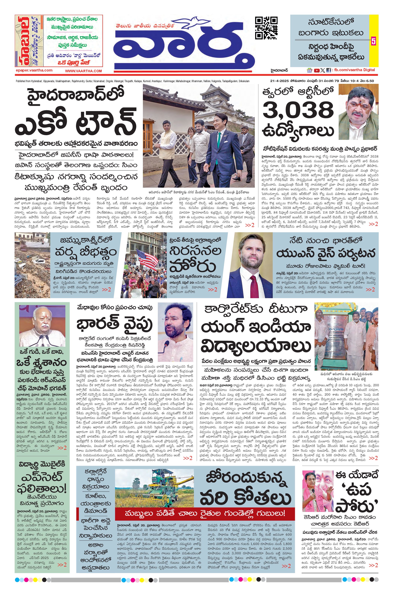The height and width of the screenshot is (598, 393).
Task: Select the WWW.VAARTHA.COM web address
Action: click(x=83, y=71)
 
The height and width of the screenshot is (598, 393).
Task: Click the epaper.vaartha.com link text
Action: click(x=34, y=70)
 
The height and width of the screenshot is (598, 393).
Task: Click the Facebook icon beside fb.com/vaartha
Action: click(x=328, y=71)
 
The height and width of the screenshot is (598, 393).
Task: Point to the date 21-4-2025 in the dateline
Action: click(x=279, y=81)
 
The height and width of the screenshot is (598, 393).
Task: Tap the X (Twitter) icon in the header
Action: click(x=323, y=71)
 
